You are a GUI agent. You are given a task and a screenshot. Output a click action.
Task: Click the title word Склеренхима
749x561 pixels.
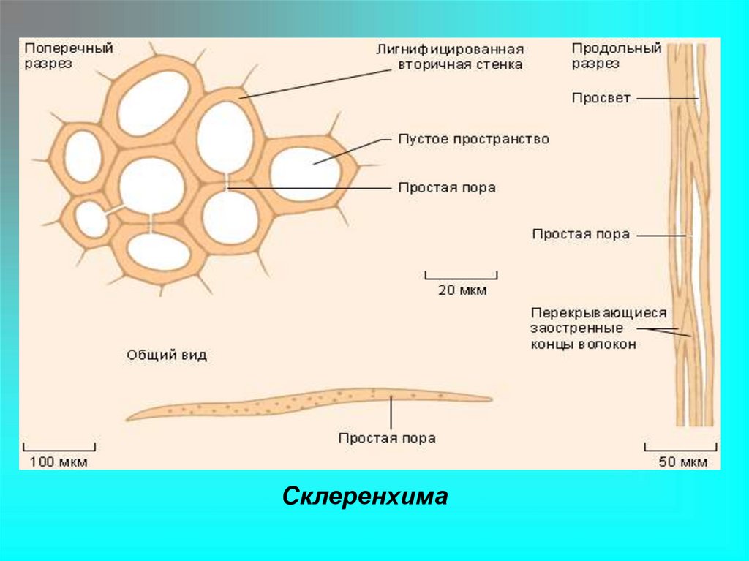364,497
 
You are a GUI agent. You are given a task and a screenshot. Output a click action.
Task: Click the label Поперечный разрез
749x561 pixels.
69,56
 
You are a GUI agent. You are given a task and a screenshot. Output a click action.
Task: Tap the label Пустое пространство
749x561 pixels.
473,139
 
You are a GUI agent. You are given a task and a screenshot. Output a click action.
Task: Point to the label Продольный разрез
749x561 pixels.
616,56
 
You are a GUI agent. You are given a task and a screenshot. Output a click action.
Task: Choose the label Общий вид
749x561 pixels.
167,355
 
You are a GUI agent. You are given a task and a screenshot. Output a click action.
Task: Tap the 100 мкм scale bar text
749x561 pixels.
59,462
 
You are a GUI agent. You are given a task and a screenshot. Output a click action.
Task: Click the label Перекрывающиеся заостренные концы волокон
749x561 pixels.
599,328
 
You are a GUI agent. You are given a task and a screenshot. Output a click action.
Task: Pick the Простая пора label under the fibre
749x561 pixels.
387,439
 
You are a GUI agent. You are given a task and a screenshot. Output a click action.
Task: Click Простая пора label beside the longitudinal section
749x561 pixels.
581,235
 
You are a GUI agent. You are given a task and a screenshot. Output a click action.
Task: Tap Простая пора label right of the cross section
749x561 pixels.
447,188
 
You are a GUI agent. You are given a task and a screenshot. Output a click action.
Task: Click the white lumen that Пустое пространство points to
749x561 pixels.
305,173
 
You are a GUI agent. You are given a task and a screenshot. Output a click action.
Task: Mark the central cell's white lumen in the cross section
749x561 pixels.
151,185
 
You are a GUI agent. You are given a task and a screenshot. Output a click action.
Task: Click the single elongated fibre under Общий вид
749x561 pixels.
307,403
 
